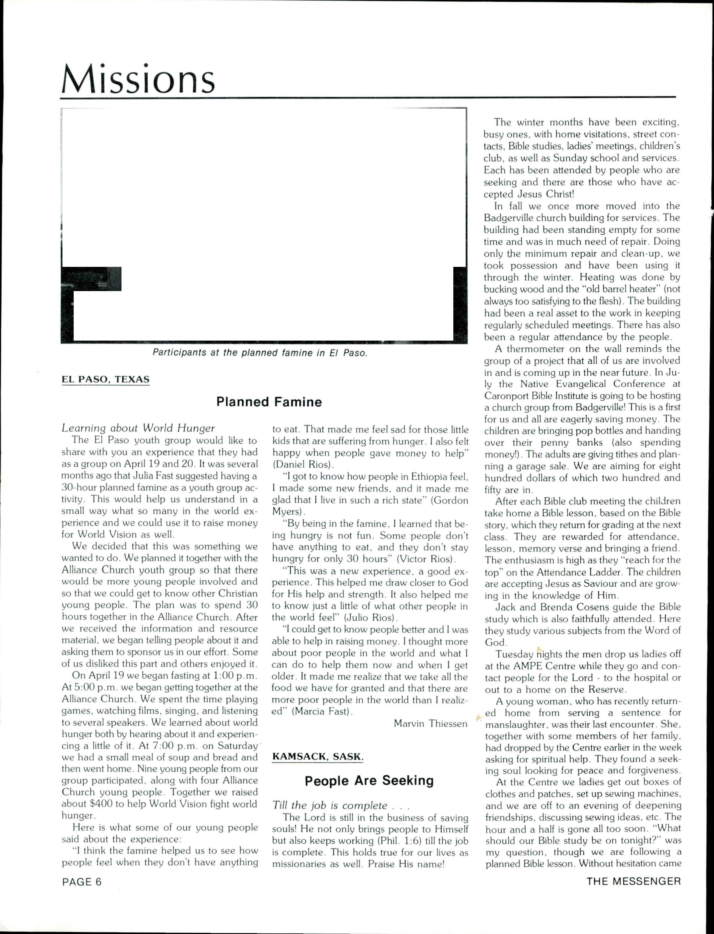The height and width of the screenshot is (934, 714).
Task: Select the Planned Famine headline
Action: coord(269,402)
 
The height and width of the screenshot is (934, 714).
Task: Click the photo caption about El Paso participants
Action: coord(260,353)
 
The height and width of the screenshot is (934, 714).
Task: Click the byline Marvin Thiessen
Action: coord(430,723)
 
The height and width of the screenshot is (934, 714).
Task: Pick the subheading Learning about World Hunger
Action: coord(138,428)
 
